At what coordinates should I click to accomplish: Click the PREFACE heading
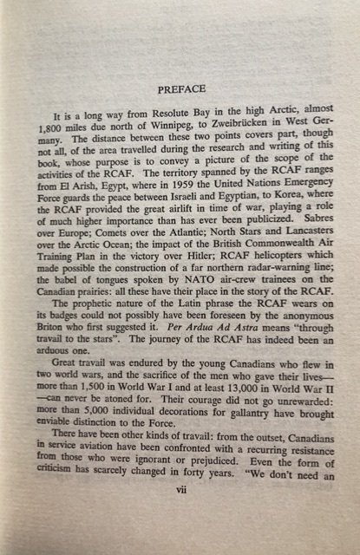click(181, 88)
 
